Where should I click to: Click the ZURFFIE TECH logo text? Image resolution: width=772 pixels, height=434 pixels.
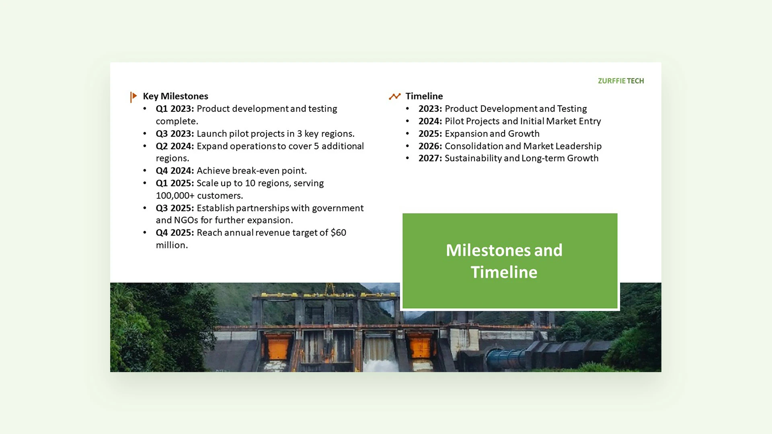[x=621, y=81]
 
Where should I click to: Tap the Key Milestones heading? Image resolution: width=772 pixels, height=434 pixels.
[x=175, y=96]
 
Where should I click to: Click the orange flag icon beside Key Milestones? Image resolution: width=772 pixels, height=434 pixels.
[x=133, y=97]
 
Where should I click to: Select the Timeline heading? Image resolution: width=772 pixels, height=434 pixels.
[x=424, y=96]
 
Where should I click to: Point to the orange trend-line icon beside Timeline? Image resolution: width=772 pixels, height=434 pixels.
[x=395, y=96]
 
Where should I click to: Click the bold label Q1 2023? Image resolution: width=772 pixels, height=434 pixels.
[x=175, y=108]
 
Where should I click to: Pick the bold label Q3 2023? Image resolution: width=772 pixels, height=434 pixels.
[x=175, y=133]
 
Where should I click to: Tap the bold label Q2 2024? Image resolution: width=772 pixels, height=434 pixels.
[x=175, y=146]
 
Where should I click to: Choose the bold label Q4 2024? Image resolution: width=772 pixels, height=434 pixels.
[x=175, y=170]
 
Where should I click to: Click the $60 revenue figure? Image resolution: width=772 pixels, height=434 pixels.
[x=338, y=232]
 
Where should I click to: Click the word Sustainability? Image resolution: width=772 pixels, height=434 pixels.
[x=473, y=158]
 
